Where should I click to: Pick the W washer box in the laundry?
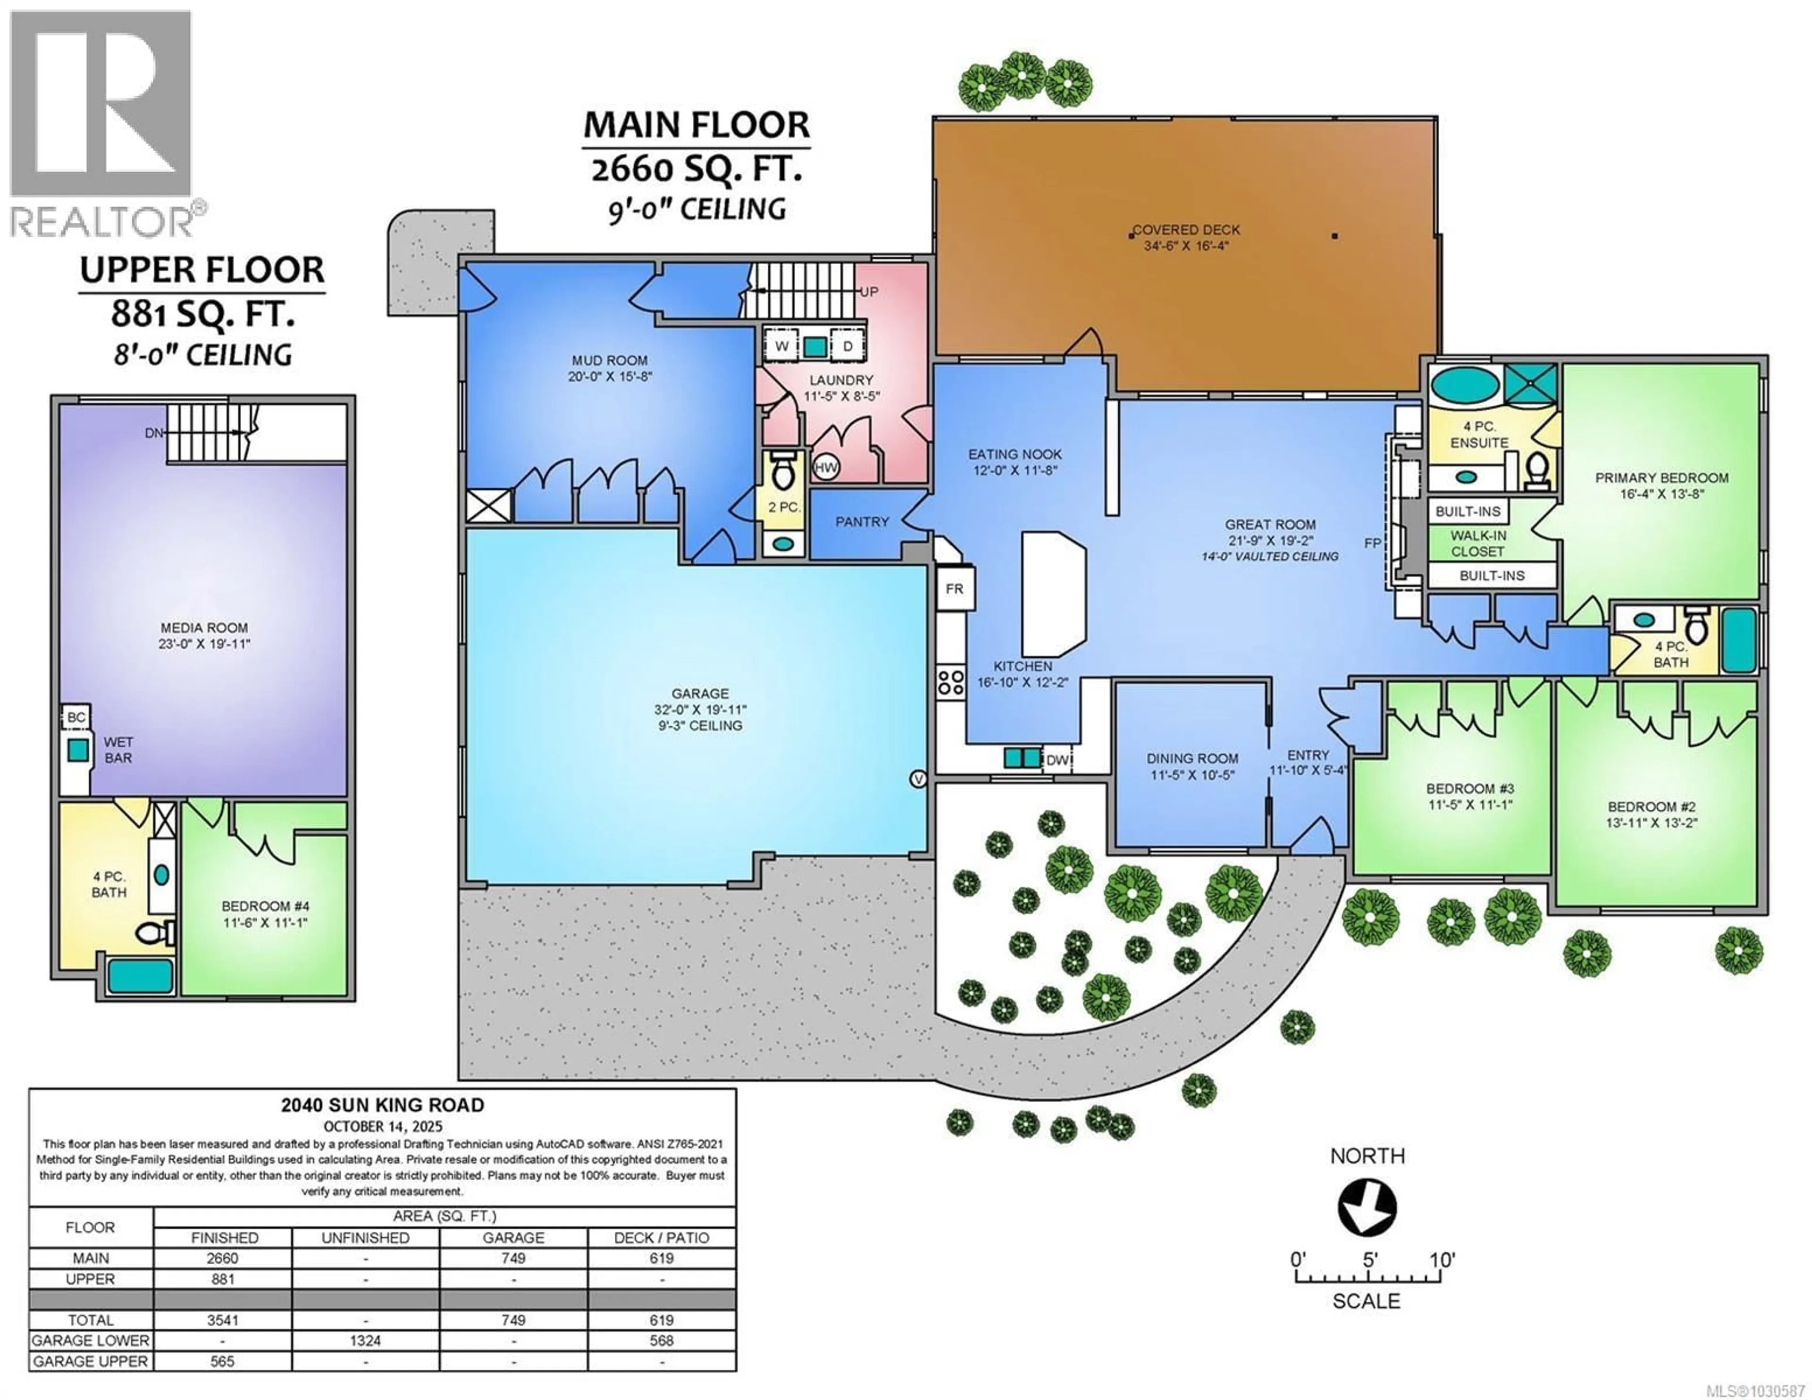[x=781, y=346]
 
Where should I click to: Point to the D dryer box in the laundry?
[x=847, y=346]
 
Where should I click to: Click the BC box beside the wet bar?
[x=76, y=717]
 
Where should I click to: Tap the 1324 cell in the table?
[x=365, y=1340]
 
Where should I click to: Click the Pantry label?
[x=862, y=521]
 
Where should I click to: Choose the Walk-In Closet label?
[x=1477, y=544]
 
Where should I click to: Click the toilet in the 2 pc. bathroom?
[x=782, y=475]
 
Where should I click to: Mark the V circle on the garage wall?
[x=918, y=779]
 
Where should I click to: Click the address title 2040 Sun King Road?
[x=383, y=1106]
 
